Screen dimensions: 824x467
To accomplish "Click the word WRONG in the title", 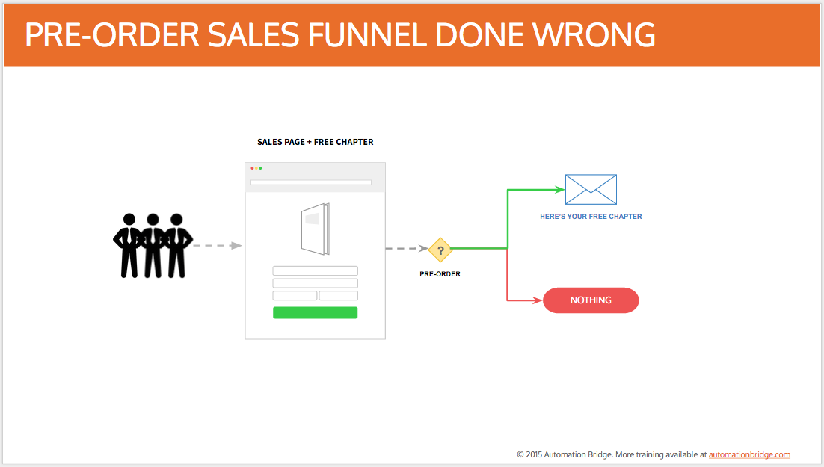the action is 594,34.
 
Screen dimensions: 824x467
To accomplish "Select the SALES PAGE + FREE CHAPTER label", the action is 316,142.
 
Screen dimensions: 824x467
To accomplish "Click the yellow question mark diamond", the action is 440,250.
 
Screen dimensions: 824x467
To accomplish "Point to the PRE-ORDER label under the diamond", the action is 440,273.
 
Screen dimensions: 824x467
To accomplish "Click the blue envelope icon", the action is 591,189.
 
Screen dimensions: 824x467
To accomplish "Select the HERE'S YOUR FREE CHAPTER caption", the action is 591,217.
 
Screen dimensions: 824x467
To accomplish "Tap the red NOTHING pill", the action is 591,300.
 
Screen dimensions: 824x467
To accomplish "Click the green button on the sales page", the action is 316,312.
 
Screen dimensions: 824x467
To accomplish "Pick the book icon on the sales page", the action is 316,229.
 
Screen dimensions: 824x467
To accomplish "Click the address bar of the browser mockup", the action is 311,182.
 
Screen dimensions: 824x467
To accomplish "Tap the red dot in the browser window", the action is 252,168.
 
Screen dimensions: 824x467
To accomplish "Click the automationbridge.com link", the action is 749,454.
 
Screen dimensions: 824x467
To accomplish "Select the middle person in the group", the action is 153,245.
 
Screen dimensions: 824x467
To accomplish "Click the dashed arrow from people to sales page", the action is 218,245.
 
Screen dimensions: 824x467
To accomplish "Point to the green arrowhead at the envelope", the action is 560,189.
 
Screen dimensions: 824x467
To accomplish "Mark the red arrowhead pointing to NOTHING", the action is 538,300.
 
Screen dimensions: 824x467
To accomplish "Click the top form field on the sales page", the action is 316,270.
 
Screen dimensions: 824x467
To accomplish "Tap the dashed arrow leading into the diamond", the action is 407,248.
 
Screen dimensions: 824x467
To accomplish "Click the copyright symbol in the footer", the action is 520,454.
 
